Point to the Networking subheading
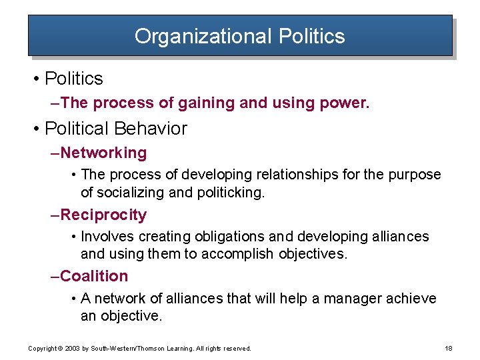tap(103, 153)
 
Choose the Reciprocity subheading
tap(103, 215)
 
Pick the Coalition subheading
tap(94, 276)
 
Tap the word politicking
tap(228, 193)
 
